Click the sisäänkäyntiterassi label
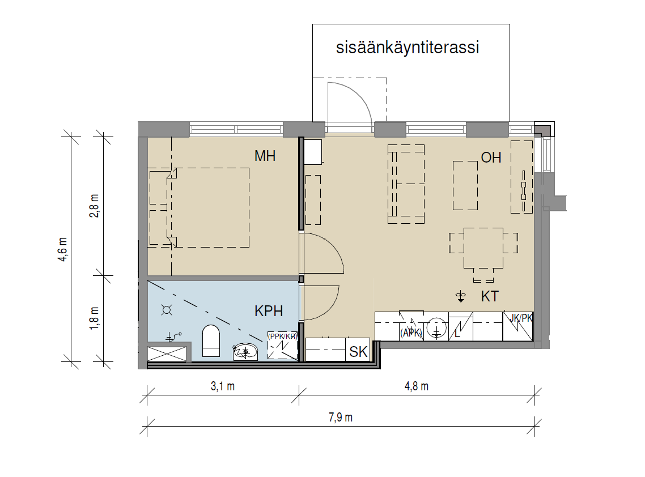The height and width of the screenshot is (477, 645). [408, 48]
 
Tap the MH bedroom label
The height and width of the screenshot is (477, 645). [265, 156]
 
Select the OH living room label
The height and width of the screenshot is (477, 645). [491, 157]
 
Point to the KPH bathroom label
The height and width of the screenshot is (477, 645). [269, 311]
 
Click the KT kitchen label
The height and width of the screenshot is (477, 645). [490, 296]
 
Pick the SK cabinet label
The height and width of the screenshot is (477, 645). [358, 352]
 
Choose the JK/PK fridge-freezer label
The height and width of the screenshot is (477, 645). [521, 318]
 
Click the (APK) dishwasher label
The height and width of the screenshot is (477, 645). [411, 333]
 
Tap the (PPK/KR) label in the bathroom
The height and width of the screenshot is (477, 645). [282, 337]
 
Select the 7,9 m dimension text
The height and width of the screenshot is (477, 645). [341, 418]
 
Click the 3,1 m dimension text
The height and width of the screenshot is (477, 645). [223, 386]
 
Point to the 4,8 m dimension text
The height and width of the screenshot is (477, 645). [416, 386]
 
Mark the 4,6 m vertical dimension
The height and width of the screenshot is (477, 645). [63, 249]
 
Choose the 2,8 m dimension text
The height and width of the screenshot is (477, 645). [94, 206]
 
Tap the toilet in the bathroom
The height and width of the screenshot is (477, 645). [211, 340]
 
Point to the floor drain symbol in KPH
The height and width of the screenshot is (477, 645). [167, 310]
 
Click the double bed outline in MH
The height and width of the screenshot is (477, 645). [210, 208]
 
